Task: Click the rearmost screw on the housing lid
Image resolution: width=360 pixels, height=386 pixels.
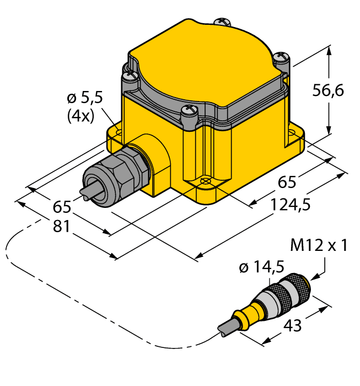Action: pos(224,22)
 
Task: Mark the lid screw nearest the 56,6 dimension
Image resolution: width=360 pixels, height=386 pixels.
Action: pos(282,56)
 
